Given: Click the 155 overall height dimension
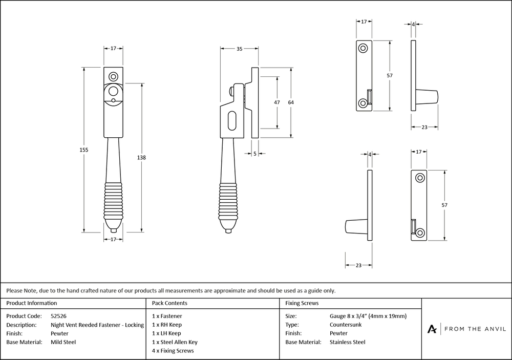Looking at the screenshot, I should click(x=84, y=150).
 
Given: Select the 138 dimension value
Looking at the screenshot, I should click(x=142, y=158).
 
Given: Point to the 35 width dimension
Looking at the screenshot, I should click(x=239, y=49).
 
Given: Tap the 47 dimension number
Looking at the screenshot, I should click(x=277, y=102).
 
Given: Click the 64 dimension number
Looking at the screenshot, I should click(x=291, y=102).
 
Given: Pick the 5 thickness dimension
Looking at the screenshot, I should click(x=254, y=153).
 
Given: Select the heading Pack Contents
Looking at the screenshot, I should click(x=169, y=303).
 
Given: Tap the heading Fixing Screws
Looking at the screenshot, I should click(x=302, y=303).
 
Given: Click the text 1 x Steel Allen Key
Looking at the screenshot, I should click(x=175, y=342).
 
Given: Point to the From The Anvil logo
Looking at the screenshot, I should click(x=465, y=329).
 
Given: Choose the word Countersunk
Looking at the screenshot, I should click(x=347, y=325).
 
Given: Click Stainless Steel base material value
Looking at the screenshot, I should click(x=348, y=342).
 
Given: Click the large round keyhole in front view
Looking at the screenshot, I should click(x=114, y=92).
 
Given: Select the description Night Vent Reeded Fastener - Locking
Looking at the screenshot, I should click(x=97, y=325).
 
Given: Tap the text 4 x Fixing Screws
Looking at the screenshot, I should click(x=173, y=351).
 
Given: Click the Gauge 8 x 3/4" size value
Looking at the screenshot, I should click(x=368, y=316).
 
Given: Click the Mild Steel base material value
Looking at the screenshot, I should click(x=63, y=342).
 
